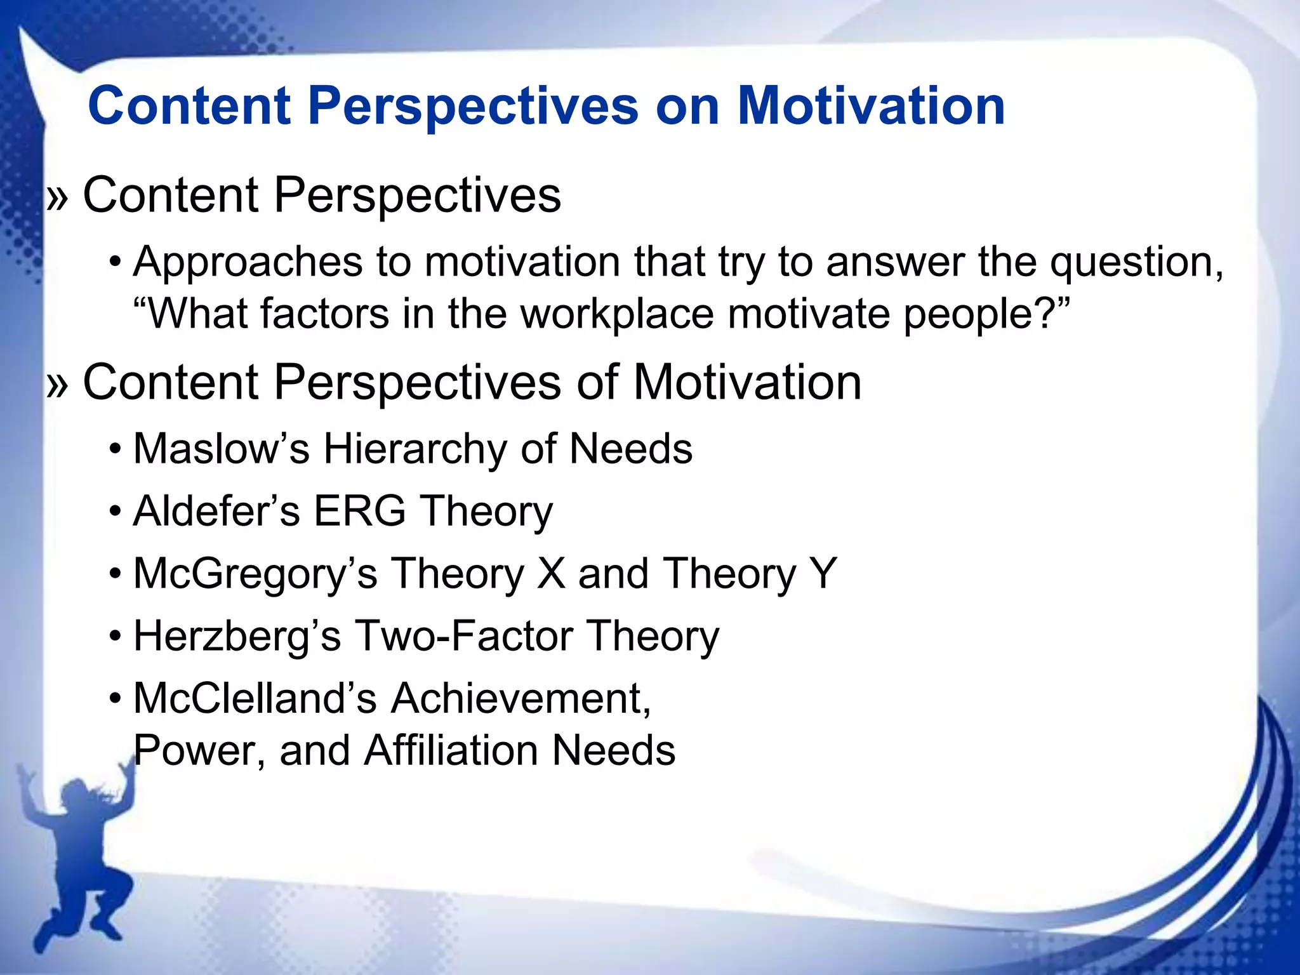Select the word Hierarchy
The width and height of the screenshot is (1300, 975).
tap(415, 449)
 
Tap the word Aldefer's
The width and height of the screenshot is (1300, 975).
tap(216, 512)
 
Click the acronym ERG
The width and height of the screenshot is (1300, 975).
tap(360, 512)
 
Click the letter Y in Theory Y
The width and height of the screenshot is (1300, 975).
tap(823, 574)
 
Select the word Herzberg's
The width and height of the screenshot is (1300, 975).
tap(237, 636)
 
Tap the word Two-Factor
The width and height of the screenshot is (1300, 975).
tap(463, 636)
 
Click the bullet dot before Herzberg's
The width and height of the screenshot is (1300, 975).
tap(115, 636)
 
